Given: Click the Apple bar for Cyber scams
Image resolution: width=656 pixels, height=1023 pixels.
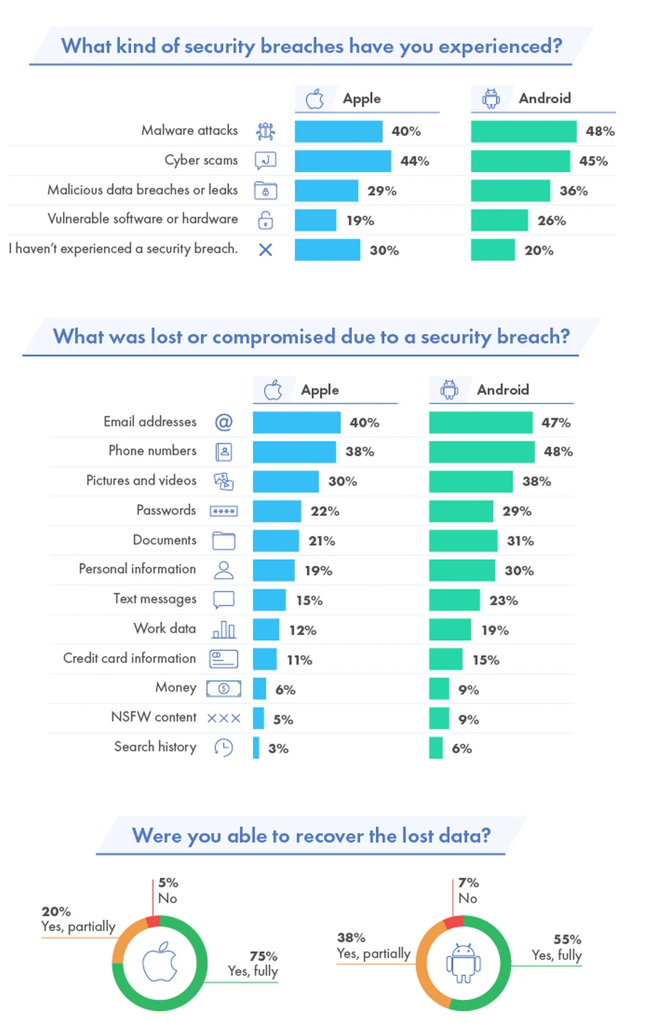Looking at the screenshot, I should pyautogui.click(x=343, y=161).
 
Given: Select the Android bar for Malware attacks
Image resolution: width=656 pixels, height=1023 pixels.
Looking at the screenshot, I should pyautogui.click(x=523, y=131).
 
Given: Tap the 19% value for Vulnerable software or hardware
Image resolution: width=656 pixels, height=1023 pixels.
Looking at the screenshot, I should pyautogui.click(x=360, y=220).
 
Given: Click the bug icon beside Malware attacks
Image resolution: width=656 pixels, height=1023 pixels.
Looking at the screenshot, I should pyautogui.click(x=266, y=131).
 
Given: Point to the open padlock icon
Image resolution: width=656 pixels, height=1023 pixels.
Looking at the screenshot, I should pyautogui.click(x=266, y=220).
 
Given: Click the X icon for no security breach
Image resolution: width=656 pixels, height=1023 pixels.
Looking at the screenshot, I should pyautogui.click(x=266, y=250).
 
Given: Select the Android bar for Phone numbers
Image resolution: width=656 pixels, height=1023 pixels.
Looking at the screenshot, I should pyautogui.click(x=481, y=452).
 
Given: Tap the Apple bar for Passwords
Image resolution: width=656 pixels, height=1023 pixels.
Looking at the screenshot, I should pyautogui.click(x=277, y=511).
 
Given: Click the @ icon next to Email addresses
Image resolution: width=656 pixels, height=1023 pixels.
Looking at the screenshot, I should pyautogui.click(x=224, y=422).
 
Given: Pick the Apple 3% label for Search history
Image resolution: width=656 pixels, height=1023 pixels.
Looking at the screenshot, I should pyautogui.click(x=278, y=749).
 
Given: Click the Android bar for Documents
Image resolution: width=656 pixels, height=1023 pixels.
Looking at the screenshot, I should pyautogui.click(x=463, y=541).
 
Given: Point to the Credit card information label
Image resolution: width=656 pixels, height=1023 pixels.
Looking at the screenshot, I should pyautogui.click(x=130, y=658).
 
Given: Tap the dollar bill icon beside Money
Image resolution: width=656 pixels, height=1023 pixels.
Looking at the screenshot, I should pyautogui.click(x=224, y=689).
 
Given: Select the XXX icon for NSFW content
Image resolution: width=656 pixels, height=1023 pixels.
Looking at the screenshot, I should pyautogui.click(x=224, y=718).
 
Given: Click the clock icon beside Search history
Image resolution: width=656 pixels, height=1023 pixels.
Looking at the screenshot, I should pyautogui.click(x=224, y=747).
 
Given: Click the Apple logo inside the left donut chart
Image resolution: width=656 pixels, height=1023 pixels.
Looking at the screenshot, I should pyautogui.click(x=160, y=962).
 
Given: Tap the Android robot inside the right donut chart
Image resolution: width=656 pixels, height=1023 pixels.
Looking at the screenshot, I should pyautogui.click(x=464, y=963).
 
